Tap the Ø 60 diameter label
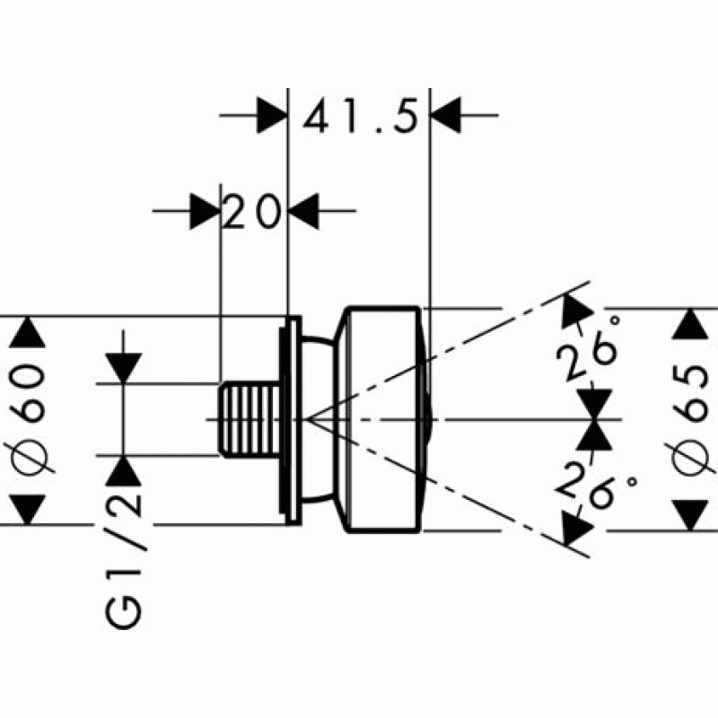[29, 420]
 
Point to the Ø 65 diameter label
[689, 420]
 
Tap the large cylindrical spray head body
[381, 420]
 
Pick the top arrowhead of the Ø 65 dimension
[689, 324]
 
